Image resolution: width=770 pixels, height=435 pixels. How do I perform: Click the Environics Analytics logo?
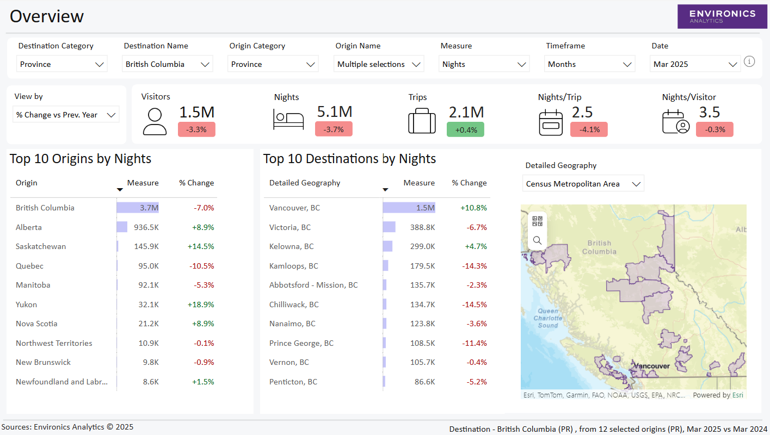pos(722,16)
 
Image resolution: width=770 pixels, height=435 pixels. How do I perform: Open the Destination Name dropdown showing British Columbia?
pos(167,64)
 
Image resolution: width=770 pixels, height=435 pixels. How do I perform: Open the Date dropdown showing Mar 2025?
pos(695,64)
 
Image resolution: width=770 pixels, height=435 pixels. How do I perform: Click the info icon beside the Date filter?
pos(749,61)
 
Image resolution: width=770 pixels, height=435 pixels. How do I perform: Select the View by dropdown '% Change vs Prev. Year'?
pos(66,115)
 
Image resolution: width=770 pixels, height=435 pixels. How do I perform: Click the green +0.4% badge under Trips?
pos(465,129)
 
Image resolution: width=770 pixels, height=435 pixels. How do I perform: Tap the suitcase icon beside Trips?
pos(422,121)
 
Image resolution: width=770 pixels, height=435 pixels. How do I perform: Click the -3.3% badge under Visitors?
pos(196,129)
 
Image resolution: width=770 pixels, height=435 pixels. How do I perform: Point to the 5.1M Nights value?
pos(334,112)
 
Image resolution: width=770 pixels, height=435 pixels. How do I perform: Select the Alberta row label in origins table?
pos(29,227)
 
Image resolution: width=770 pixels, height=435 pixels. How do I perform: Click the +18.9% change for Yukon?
pos(201,304)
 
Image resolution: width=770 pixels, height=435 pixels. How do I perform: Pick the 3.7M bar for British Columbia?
pos(138,208)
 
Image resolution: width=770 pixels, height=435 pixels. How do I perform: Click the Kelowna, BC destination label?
pos(291,246)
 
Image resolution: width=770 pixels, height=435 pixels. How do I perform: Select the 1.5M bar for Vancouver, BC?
pos(409,208)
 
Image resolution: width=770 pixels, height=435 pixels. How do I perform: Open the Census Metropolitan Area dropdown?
pos(583,184)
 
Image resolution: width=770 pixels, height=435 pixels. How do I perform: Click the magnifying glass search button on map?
pos(537,240)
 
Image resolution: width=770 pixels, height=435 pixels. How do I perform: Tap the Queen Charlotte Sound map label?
pos(547,318)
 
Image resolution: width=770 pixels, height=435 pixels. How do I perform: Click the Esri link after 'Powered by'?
pos(737,395)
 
